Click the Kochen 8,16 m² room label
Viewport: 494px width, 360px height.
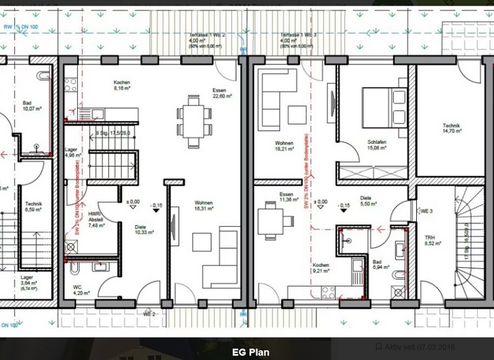tap(122, 86)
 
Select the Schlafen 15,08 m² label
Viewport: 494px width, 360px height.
tap(376, 145)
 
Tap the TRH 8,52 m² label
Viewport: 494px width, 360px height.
tap(430, 240)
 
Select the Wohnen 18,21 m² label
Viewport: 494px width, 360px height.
tap(284, 146)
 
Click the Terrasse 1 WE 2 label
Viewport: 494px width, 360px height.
tap(206, 40)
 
